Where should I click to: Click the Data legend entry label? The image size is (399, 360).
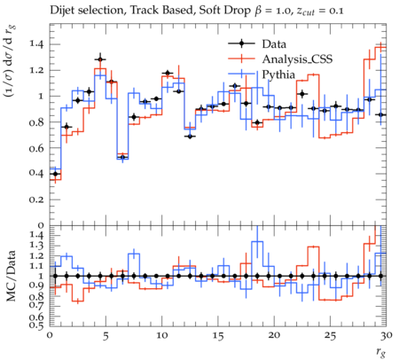click(274, 44)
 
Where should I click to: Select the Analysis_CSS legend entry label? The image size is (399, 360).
click(297, 59)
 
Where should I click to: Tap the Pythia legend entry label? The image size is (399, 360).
click(278, 74)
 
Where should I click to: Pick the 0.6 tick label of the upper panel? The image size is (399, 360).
click(36, 148)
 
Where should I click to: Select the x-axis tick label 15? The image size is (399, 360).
click(218, 336)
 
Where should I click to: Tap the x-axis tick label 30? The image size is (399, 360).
click(387, 336)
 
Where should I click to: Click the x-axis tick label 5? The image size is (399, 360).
click(106, 336)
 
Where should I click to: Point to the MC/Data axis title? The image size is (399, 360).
click(11, 276)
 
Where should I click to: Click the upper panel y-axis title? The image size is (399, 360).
click(10, 61)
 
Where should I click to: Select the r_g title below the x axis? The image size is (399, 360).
click(381, 352)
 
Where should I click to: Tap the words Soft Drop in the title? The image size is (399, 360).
click(225, 11)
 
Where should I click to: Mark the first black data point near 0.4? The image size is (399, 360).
click(55, 174)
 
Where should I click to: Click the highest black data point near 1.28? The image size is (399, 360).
click(100, 59)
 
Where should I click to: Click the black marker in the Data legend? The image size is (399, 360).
click(241, 43)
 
